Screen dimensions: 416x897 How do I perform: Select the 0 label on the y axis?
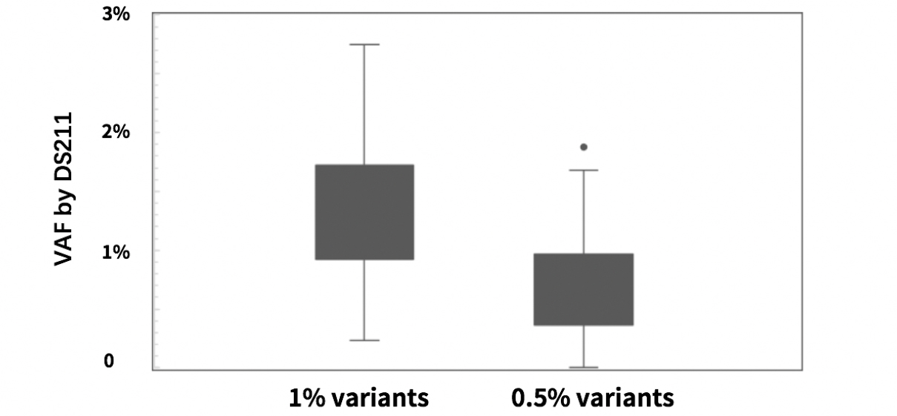point(109,361)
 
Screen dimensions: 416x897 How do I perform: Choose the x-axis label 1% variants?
point(358,397)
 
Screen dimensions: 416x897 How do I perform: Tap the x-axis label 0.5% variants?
point(592,397)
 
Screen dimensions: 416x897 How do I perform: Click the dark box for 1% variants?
point(364,212)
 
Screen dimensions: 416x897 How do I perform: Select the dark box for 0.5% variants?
point(584,289)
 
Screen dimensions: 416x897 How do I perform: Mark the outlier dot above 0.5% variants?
point(584,148)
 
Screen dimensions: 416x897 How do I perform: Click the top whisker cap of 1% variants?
point(364,44)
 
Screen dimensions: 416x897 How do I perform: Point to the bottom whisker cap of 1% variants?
point(364,340)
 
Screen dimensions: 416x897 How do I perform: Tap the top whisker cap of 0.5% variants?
point(584,171)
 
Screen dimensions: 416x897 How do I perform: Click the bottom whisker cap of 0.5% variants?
point(584,367)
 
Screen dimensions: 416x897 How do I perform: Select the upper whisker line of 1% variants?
point(364,104)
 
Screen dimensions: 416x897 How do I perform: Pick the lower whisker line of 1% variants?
point(364,300)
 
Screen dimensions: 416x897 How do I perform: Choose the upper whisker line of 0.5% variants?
point(584,211)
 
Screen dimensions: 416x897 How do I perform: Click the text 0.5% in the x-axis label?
point(540,397)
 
